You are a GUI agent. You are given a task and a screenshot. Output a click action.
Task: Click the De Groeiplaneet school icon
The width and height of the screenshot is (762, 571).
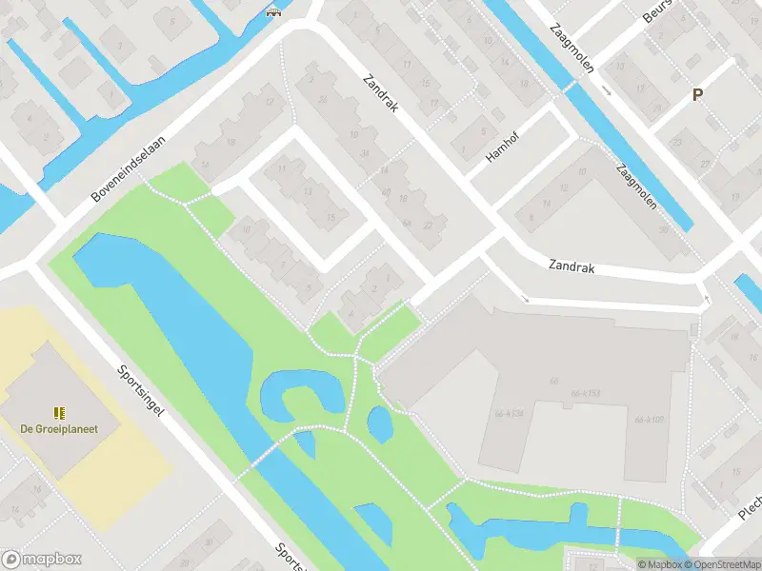tap(59, 413)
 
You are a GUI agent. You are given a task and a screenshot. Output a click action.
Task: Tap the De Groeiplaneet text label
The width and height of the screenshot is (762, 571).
tap(59, 429)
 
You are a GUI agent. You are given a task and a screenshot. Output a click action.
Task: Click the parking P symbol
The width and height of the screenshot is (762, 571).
tap(697, 95)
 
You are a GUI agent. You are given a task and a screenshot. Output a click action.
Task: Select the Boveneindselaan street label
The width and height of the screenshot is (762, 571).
tap(129, 167)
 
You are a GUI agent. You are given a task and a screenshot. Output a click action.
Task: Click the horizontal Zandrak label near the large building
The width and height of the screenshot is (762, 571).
tap(571, 268)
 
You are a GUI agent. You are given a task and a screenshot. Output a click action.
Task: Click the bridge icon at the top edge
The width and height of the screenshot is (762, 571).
tap(275, 12)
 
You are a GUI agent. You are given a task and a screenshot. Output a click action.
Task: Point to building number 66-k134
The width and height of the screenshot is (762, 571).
tap(511, 414)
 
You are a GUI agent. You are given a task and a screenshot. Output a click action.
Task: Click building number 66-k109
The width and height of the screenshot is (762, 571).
tap(652, 419)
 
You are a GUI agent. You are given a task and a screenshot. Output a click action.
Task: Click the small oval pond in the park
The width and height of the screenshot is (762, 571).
tap(379, 424)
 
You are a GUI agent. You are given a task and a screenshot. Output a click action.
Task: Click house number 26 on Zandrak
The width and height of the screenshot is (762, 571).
tap(324, 99)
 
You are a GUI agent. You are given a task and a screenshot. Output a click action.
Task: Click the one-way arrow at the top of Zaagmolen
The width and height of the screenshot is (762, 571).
tap(606, 90)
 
